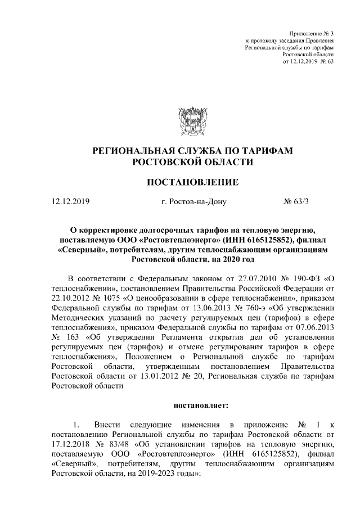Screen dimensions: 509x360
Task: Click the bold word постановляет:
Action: click(193, 403)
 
